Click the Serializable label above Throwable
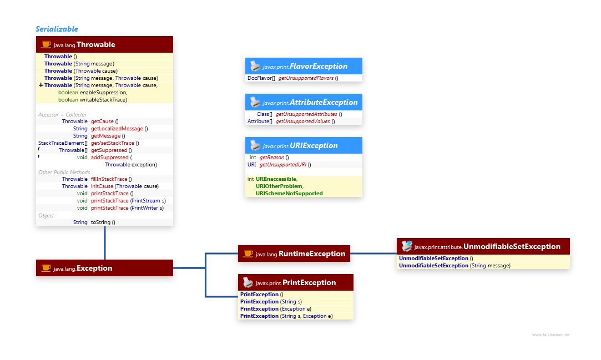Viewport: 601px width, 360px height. [x=57, y=29]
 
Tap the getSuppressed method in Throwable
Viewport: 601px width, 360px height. [x=111, y=150]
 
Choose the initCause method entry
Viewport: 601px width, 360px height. [x=103, y=186]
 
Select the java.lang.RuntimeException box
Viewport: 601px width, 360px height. [x=294, y=253]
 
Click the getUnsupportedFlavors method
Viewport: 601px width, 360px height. [x=306, y=78]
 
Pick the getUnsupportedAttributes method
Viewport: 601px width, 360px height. [x=306, y=114]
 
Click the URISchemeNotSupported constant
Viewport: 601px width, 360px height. [x=289, y=194]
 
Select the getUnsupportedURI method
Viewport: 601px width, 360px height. [x=285, y=165]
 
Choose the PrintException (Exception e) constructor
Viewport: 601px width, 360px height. [x=275, y=309]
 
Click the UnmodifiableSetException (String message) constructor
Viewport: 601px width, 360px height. [x=454, y=266]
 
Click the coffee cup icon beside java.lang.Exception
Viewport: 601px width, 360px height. [x=46, y=268]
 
